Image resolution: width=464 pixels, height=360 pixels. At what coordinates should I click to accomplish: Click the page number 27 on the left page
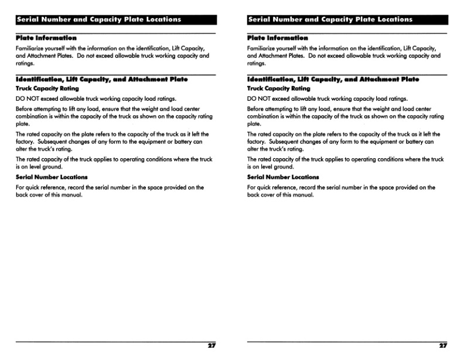click(212, 346)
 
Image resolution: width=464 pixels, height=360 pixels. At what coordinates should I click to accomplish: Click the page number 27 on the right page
click(443, 346)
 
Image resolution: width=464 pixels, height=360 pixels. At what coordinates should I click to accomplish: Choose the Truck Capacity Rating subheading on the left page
click(47, 89)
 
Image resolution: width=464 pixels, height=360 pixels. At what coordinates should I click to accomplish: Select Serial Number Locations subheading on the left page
click(52, 177)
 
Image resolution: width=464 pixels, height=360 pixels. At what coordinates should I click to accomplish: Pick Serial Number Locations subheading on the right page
click(284, 177)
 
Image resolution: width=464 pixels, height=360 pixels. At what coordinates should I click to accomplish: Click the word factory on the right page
click(258, 141)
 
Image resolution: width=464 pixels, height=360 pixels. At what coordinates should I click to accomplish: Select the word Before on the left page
click(25, 109)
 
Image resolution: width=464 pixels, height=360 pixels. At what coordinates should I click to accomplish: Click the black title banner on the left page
click(115, 19)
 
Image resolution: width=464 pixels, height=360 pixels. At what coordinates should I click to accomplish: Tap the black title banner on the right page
click(347, 19)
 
